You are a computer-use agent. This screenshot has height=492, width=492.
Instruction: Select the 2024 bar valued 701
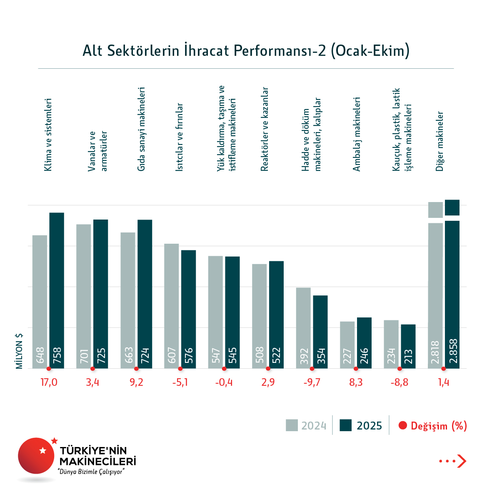(84, 296)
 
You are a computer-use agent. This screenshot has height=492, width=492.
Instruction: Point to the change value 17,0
(49, 382)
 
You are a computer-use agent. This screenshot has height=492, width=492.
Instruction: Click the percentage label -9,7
(312, 382)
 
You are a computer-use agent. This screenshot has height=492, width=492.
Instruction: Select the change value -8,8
(400, 382)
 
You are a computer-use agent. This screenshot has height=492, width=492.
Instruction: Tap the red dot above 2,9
(268, 369)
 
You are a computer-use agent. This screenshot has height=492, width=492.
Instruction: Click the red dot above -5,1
(180, 369)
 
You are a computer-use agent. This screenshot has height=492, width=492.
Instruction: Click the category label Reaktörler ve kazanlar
(265, 129)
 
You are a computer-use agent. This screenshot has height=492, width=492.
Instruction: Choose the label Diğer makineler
(440, 141)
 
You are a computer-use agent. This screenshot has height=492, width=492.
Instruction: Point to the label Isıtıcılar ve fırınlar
(179, 137)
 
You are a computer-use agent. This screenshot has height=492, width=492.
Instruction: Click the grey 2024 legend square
(292, 425)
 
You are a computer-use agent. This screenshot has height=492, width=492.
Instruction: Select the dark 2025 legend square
(346, 425)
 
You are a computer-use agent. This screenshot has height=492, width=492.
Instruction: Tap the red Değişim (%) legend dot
(402, 425)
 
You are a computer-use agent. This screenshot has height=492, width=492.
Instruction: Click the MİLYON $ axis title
(19, 351)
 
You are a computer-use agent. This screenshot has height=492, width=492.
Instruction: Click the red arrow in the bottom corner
(461, 461)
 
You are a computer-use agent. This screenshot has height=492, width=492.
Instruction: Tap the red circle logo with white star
(36, 455)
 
